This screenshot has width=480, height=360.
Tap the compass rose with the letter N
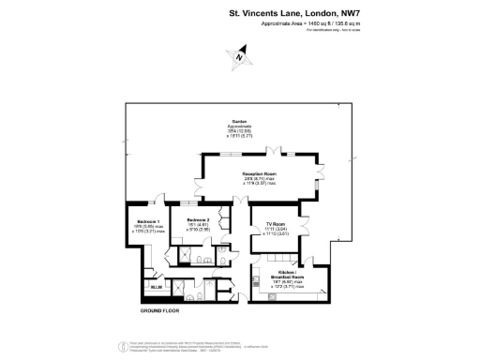click(x=240, y=57)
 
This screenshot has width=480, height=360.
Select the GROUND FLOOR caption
click(x=159, y=310)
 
